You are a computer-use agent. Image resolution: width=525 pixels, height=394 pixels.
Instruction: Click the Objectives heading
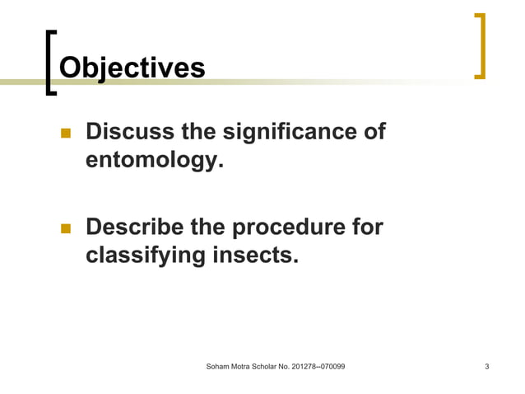132,67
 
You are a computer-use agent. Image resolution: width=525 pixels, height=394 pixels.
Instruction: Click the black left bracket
51,63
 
